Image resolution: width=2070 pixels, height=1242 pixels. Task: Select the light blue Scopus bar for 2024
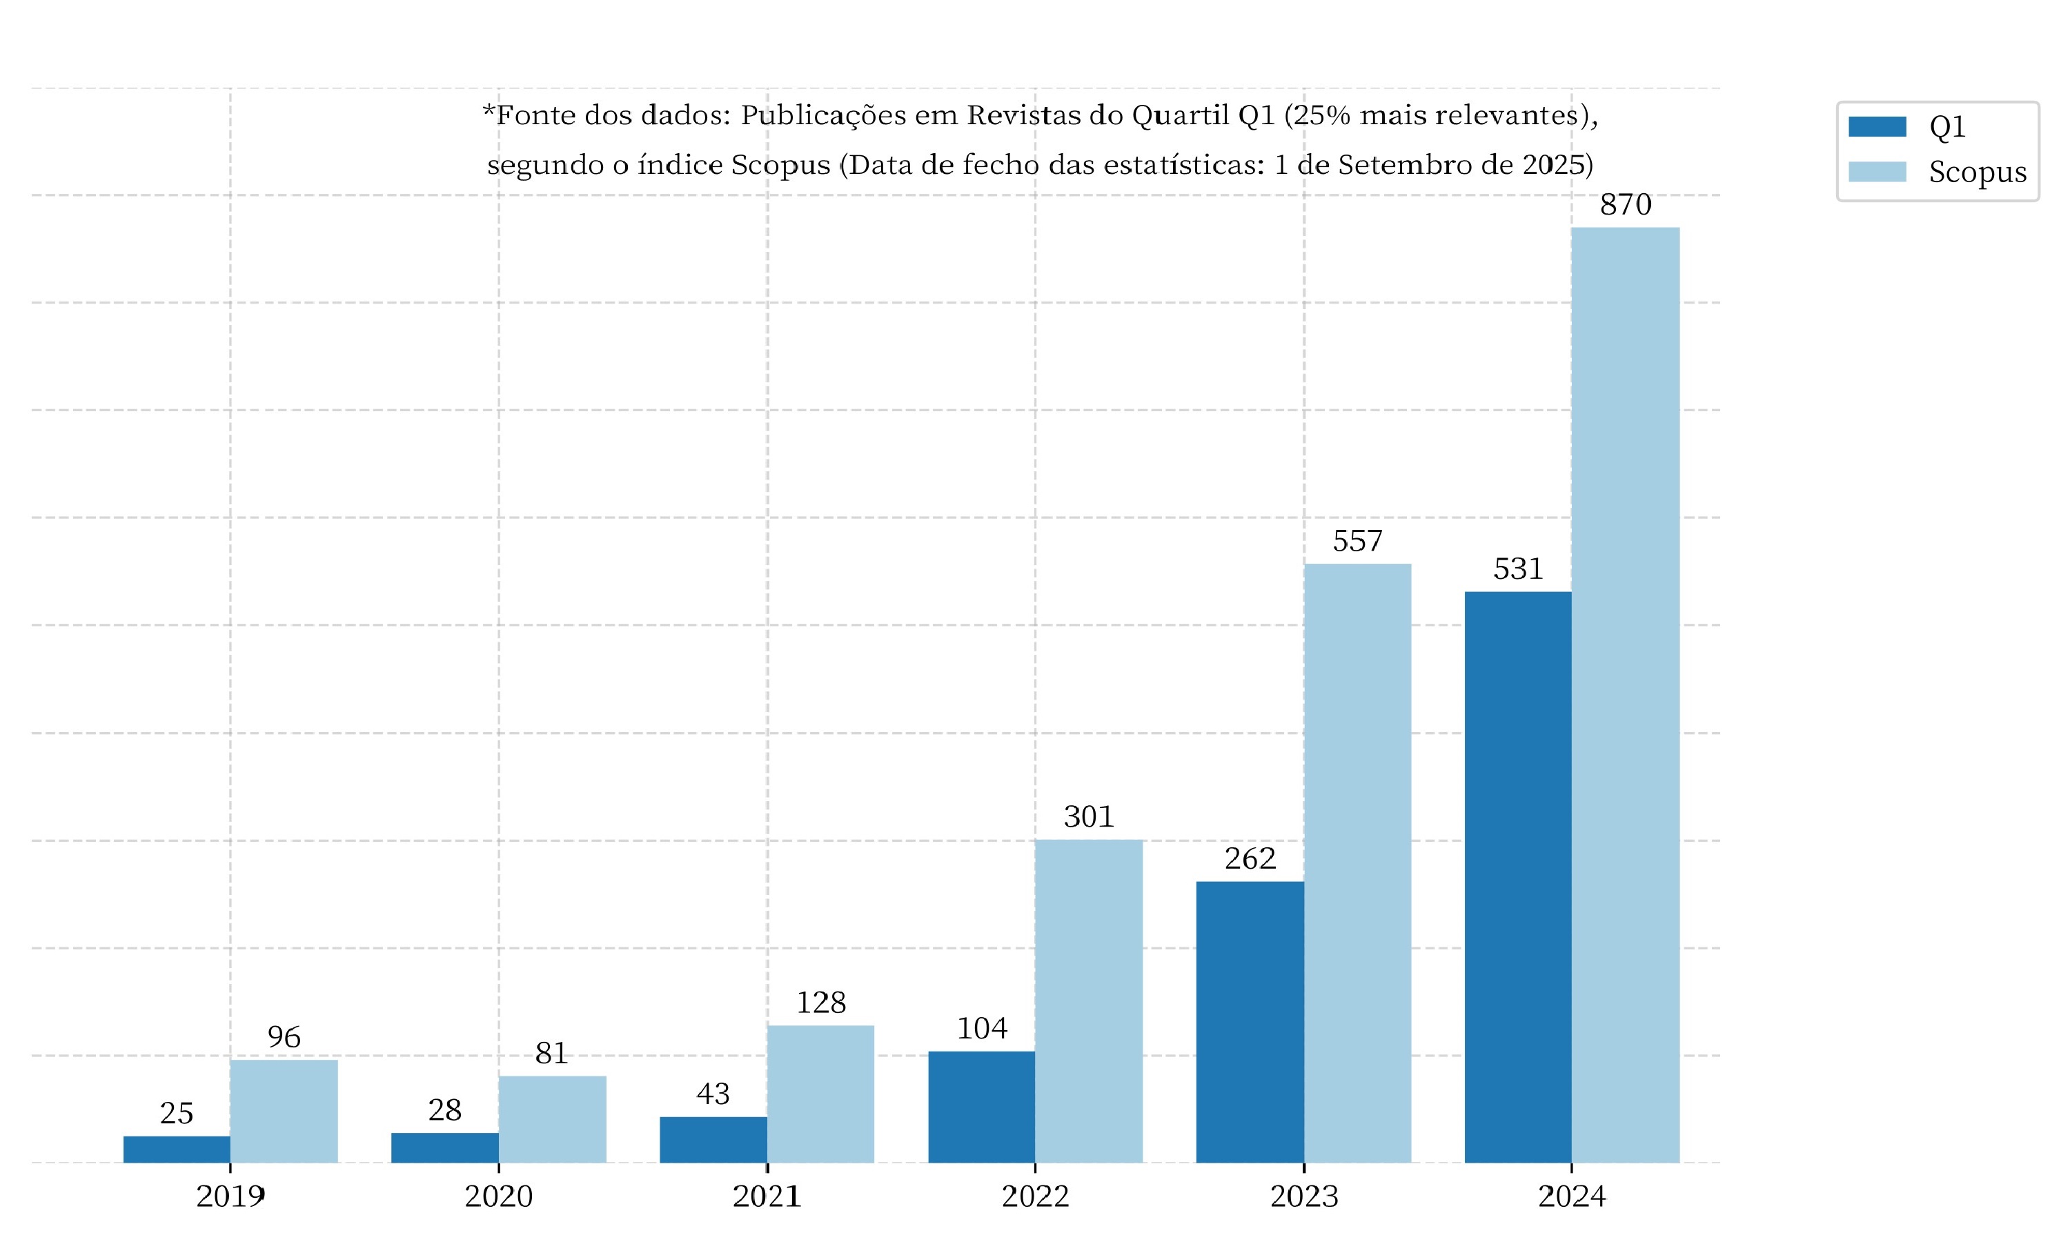coord(1625,695)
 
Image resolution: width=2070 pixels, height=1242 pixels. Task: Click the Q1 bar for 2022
coord(981,1107)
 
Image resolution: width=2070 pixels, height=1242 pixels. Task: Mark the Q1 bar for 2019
coord(177,1149)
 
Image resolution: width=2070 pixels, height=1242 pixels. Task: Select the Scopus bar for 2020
coord(552,1119)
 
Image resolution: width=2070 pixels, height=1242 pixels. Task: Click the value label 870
coord(1625,205)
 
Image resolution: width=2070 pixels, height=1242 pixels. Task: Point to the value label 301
coord(1089,817)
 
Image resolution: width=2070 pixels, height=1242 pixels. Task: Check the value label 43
coord(713,1094)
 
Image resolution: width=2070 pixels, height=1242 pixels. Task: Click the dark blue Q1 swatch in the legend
coord(1877,126)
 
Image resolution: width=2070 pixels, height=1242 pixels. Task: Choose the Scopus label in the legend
coord(1977,172)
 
